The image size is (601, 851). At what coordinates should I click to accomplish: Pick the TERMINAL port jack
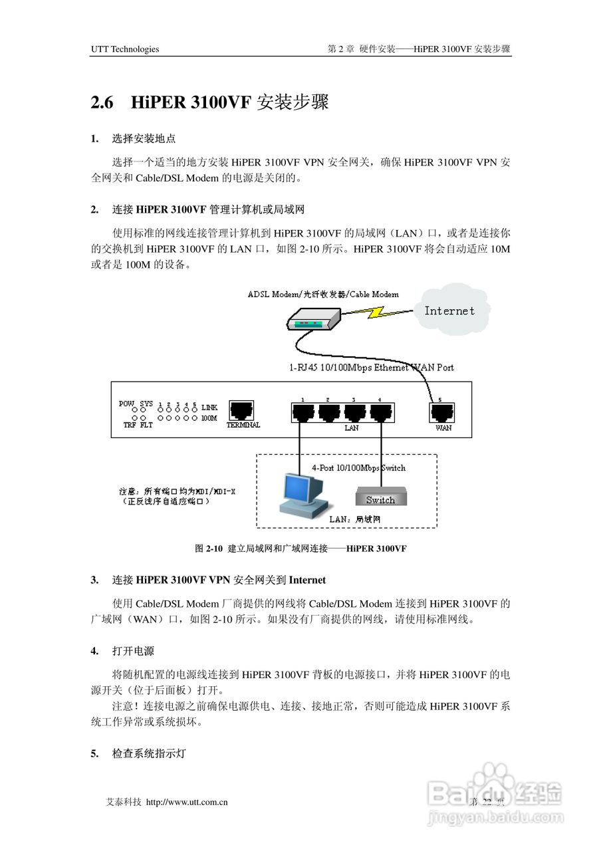(x=243, y=410)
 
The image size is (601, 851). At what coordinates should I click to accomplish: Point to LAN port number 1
(x=302, y=414)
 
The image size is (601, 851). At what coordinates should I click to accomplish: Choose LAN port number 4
(x=380, y=414)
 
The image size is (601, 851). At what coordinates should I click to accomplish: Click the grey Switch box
(x=380, y=498)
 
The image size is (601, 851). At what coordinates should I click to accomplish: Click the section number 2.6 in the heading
(x=102, y=103)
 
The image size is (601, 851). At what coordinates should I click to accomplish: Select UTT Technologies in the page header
(x=125, y=49)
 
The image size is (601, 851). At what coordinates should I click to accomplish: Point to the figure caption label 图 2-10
(x=208, y=549)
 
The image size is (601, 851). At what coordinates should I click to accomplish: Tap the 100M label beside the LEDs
(x=209, y=418)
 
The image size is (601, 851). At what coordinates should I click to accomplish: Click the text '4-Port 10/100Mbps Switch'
(x=358, y=468)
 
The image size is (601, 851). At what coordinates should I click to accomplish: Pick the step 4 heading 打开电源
(x=133, y=650)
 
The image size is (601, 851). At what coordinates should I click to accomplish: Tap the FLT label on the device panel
(x=146, y=425)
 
